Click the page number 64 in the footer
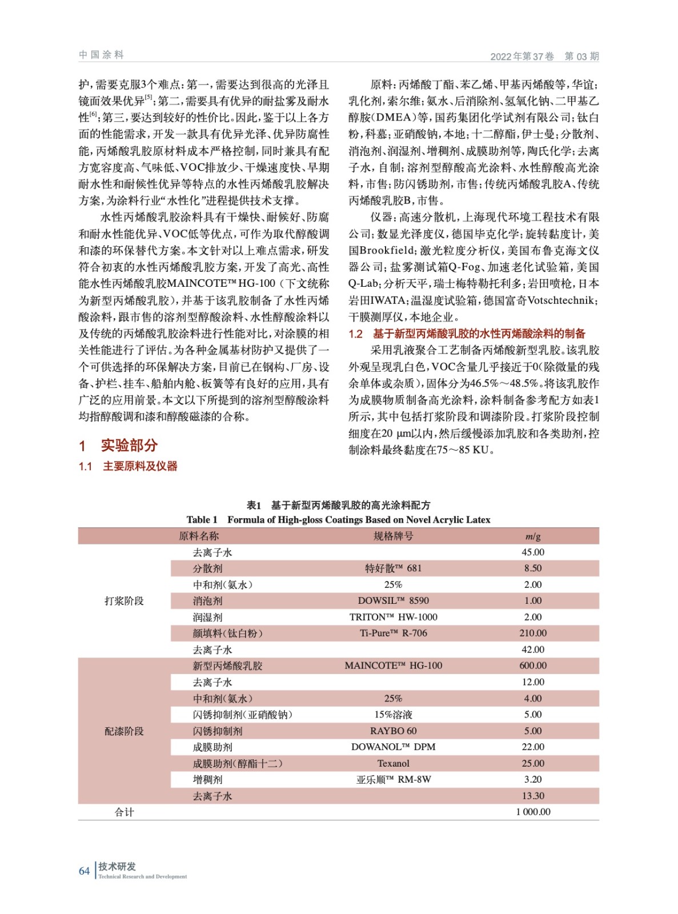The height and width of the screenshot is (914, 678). coord(84,871)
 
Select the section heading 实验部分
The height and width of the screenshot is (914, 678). coord(129,446)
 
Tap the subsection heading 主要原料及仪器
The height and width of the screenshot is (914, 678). coord(140,466)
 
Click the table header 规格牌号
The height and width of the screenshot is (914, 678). coord(393,536)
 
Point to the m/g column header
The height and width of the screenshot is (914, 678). coord(532,536)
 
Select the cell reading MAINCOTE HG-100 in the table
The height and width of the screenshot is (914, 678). coord(393,666)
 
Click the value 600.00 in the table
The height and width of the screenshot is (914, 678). coord(532,666)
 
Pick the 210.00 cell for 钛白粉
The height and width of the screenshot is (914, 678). coord(532,633)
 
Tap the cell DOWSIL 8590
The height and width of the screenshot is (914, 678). coord(393,600)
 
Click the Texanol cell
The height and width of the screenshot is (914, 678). coord(393,763)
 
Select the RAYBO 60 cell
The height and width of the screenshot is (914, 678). coord(393,731)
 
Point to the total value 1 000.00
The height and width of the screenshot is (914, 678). coord(532,812)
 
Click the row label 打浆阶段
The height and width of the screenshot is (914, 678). coord(124,600)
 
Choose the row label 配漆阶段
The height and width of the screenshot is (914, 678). coord(124,731)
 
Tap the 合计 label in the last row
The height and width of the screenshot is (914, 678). coord(124,812)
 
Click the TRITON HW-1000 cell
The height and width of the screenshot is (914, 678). coord(393,617)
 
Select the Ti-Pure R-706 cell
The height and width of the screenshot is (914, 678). coord(393,633)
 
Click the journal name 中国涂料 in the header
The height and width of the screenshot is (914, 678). coord(101,55)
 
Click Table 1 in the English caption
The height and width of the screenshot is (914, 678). coord(202,520)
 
